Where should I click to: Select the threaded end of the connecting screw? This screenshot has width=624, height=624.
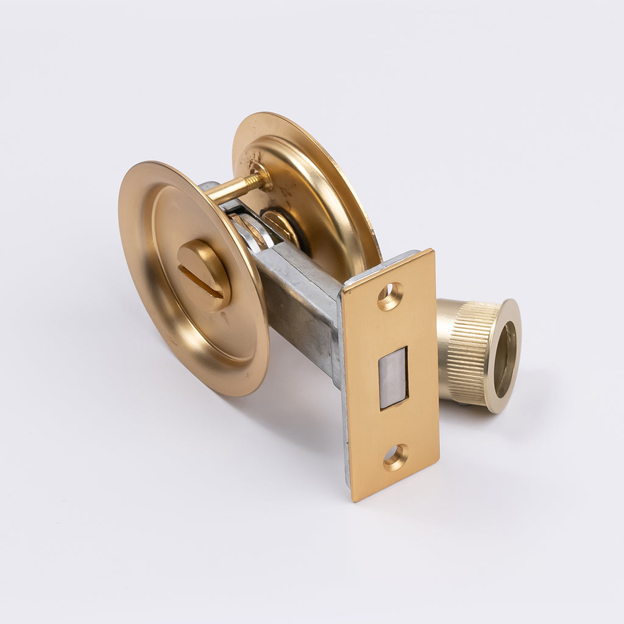253,182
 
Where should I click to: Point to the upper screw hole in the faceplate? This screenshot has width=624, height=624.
390,296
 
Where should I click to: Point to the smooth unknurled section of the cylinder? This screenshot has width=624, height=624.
448,347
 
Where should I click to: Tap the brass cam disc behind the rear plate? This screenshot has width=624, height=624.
282,224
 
